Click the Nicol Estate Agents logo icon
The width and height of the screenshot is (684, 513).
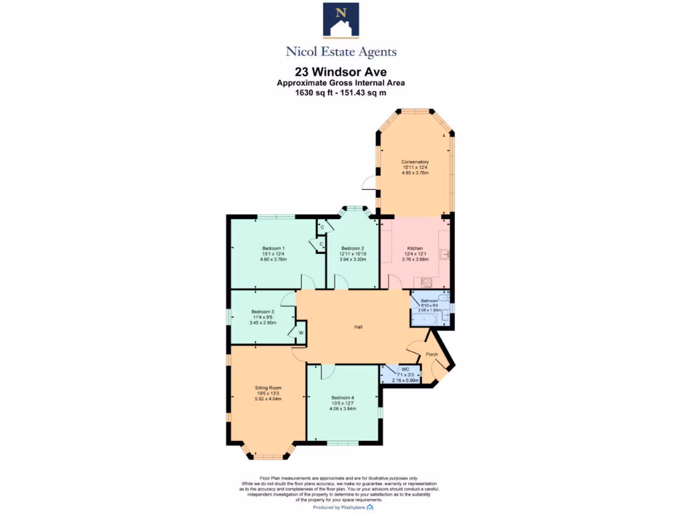(x=341, y=19)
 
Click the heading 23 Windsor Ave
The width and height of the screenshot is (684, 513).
(x=341, y=71)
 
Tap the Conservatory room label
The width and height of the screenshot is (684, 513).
(x=415, y=162)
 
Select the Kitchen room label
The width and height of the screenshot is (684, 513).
(x=415, y=248)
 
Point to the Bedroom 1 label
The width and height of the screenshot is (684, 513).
(x=273, y=248)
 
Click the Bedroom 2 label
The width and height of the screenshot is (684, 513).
(x=352, y=248)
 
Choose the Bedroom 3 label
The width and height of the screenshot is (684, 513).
(x=263, y=312)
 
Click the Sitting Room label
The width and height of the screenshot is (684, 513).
(x=268, y=388)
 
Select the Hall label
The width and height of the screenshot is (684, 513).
(x=359, y=327)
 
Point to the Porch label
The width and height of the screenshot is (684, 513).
(x=432, y=354)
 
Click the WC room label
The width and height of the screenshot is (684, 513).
(x=405, y=369)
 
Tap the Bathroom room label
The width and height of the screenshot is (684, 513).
(x=429, y=301)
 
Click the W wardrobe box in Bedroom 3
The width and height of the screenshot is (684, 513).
(x=301, y=333)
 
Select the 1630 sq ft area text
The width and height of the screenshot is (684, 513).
(x=316, y=93)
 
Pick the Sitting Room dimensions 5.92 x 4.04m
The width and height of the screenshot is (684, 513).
(x=268, y=399)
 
